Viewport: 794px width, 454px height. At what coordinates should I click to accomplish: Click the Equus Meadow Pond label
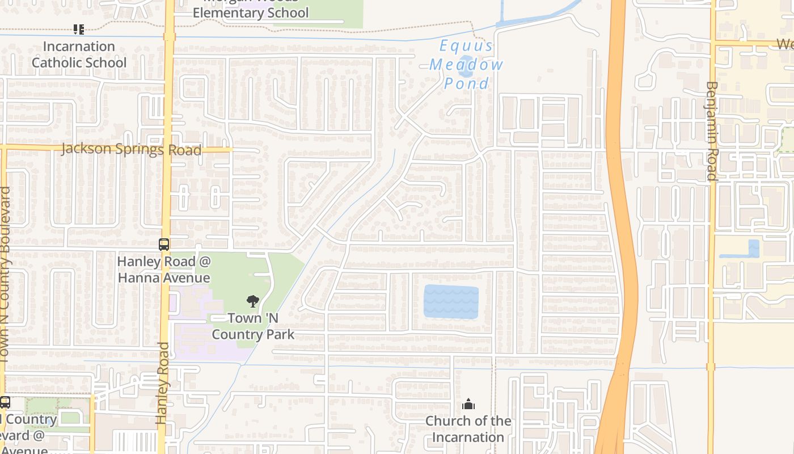(466, 65)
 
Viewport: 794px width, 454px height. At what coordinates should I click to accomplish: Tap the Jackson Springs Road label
(131, 149)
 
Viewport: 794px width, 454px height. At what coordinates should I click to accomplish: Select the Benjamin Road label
(712, 131)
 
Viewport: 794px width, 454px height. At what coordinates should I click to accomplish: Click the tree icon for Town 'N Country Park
(253, 301)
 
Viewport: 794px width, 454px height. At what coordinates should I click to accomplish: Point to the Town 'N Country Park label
(253, 326)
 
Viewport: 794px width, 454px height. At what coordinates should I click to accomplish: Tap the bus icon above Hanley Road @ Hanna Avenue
(163, 245)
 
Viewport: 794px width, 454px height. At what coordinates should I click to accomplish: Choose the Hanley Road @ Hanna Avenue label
(163, 270)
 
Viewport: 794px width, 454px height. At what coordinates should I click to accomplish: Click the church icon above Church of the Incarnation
(468, 404)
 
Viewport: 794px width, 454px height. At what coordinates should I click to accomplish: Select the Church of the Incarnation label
(468, 429)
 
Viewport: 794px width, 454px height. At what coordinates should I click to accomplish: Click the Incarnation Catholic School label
(79, 54)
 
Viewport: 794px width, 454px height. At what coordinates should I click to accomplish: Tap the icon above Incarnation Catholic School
(79, 29)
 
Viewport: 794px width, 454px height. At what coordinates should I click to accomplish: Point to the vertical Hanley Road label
(163, 383)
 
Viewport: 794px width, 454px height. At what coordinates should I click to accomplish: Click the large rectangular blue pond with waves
(451, 302)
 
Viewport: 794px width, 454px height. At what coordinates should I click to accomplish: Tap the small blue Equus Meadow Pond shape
(466, 66)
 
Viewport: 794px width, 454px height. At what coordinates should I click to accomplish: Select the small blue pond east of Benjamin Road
(753, 249)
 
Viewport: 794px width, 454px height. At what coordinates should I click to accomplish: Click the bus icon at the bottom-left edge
(5, 402)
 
